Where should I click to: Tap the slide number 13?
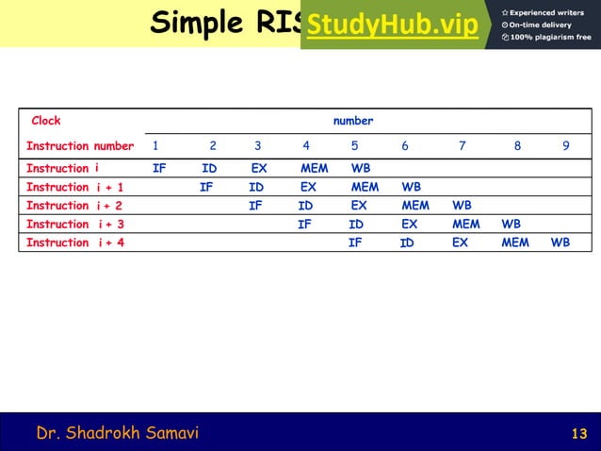[x=579, y=434]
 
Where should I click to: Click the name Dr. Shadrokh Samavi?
[x=118, y=433]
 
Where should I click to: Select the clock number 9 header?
[x=565, y=146]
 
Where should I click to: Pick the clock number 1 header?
[x=155, y=146]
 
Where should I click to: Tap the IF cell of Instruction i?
[x=159, y=168]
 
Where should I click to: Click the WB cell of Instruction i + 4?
[x=560, y=242]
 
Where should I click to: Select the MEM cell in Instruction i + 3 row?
[x=465, y=224]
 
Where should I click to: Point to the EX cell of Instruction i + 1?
[x=307, y=187]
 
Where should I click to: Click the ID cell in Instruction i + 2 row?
[x=305, y=205]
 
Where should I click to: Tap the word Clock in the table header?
[x=46, y=121]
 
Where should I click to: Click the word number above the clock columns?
[x=353, y=121]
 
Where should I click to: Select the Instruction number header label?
[x=80, y=146]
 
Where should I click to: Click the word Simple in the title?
[x=195, y=23]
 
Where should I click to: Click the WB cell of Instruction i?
[x=361, y=168]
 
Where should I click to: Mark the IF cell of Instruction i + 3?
[x=304, y=224]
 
